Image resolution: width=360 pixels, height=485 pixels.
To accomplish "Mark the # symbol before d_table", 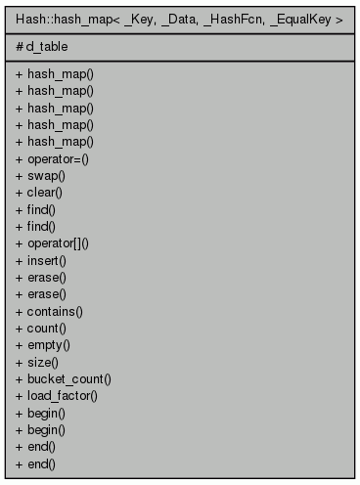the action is pyautogui.click(x=21, y=45).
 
